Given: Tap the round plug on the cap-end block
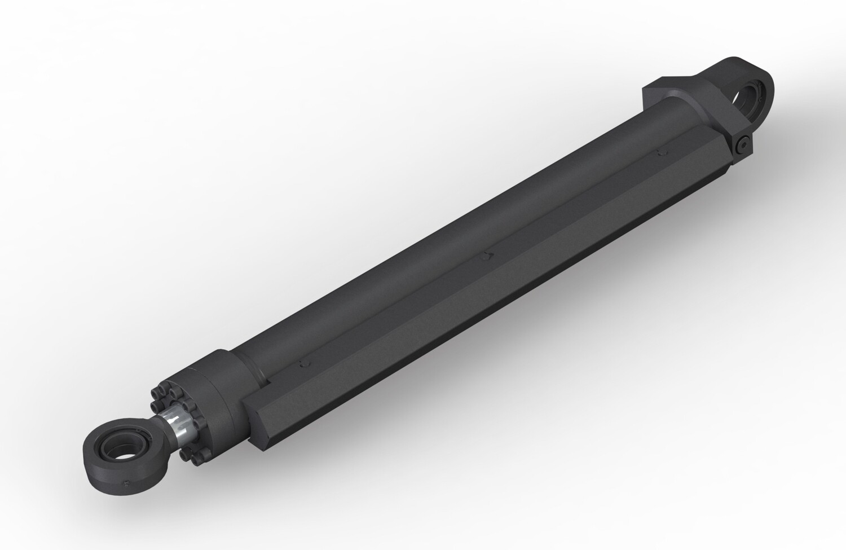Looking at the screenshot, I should (743, 144).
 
